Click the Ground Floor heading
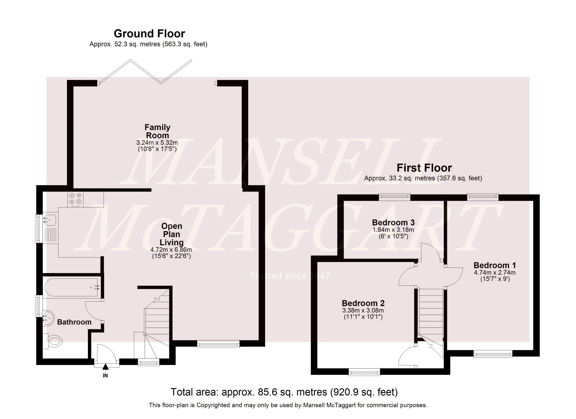tap(149, 34)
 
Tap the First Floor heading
tap(424, 168)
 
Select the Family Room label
tap(157, 131)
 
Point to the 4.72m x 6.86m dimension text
tap(171, 249)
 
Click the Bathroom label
tap(74, 322)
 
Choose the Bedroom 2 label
tap(363, 303)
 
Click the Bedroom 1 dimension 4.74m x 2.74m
tap(495, 273)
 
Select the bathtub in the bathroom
tap(72, 287)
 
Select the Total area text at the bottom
tap(284, 392)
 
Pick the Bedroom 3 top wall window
tap(394, 197)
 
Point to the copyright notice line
tap(288, 405)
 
